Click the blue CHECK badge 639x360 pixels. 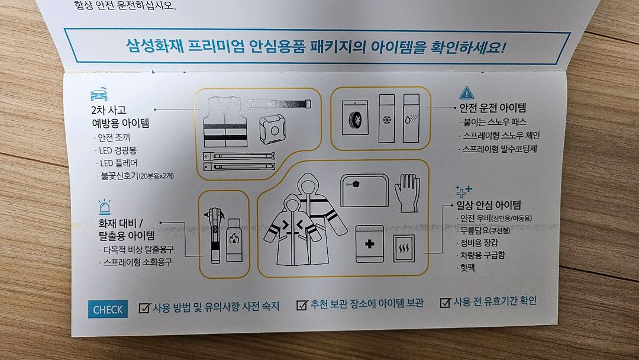(108, 309)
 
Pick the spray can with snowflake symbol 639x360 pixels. (387, 118)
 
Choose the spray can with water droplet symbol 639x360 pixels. (411, 118)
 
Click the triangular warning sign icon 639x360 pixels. (467, 94)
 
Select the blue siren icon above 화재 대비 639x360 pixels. (104, 207)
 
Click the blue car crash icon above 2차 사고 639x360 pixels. (98, 95)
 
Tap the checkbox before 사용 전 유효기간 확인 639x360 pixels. (445, 303)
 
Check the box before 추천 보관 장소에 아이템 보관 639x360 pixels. (302, 305)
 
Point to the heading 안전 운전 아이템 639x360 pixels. (493, 108)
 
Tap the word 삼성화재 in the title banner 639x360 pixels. (151, 46)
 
